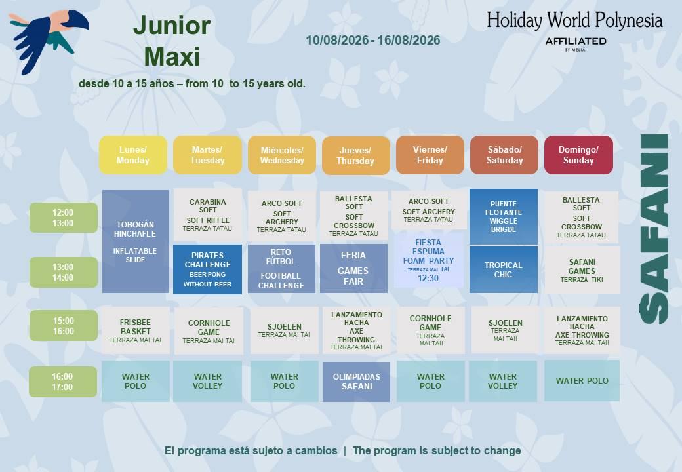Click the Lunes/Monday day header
click(133, 155)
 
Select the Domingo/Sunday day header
click(578, 155)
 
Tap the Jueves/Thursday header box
click(356, 155)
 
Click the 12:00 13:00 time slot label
click(64, 218)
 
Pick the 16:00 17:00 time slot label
click(63, 382)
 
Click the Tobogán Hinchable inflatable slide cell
click(136, 241)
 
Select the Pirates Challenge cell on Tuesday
click(207, 269)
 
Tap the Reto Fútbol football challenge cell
click(281, 269)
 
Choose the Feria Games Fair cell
click(353, 268)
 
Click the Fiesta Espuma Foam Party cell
click(428, 260)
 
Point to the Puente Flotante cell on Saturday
click(504, 216)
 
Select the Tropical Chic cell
click(504, 269)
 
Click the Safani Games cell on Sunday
click(582, 270)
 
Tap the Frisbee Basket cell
click(136, 330)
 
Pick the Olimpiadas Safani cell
click(356, 382)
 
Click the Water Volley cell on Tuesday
click(207, 381)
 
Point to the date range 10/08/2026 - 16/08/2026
click(372, 41)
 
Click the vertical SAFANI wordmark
click(654, 229)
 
